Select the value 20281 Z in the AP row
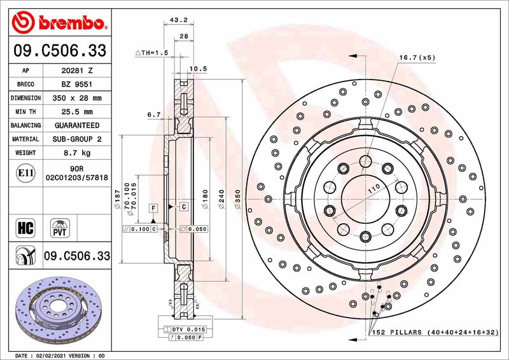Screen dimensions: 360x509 tap(78, 71)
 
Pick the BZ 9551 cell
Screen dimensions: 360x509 tap(78, 85)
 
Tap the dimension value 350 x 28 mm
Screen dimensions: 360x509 tap(78, 99)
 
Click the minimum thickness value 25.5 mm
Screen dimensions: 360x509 tap(78, 112)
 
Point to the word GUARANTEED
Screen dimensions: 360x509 tap(78, 126)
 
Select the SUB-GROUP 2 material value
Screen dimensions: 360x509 tap(78, 139)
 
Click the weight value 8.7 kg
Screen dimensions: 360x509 tap(78, 153)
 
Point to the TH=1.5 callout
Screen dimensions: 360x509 tap(153, 53)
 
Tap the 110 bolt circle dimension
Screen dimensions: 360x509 tap(373, 186)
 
